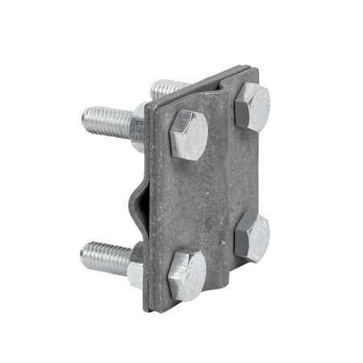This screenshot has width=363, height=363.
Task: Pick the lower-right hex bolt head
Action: point(252,238)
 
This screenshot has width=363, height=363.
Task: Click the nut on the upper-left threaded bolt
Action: point(137,127)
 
